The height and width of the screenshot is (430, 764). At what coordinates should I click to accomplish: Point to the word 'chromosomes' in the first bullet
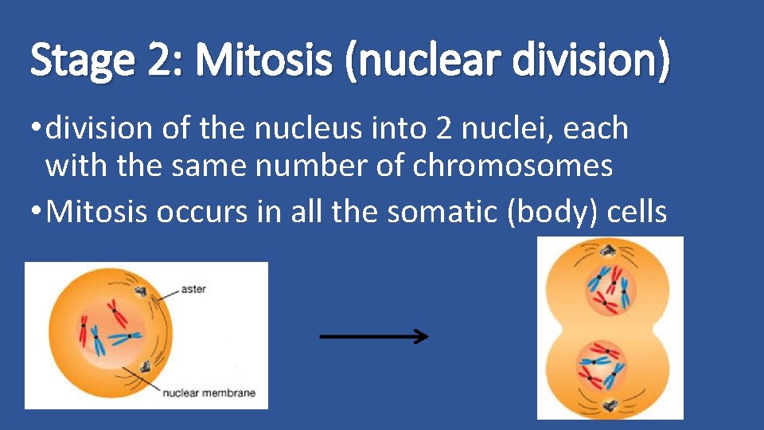point(513,166)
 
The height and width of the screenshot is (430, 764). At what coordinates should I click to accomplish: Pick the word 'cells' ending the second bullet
point(637,213)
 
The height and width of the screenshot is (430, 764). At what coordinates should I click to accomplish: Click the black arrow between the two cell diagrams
point(373,337)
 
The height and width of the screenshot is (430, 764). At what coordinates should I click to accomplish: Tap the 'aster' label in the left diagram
point(193,289)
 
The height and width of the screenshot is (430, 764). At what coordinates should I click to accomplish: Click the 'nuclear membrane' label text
point(209,393)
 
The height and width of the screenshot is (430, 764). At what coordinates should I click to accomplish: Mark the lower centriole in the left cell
point(146,366)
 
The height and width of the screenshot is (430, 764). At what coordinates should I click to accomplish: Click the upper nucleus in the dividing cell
point(610,287)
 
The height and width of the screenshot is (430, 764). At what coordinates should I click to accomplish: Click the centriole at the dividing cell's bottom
point(610,403)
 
